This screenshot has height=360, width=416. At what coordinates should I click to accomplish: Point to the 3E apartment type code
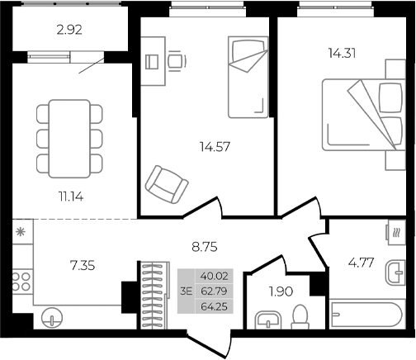pyautogui.click(x=184, y=291)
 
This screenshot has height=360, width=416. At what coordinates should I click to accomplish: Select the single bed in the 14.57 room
pyautogui.click(x=247, y=78)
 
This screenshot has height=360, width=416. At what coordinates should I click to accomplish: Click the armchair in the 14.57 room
pyautogui.click(x=166, y=183)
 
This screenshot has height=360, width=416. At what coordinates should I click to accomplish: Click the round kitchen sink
pyautogui.click(x=54, y=318)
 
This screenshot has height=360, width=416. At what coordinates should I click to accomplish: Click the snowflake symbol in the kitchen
pyautogui.click(x=21, y=233)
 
